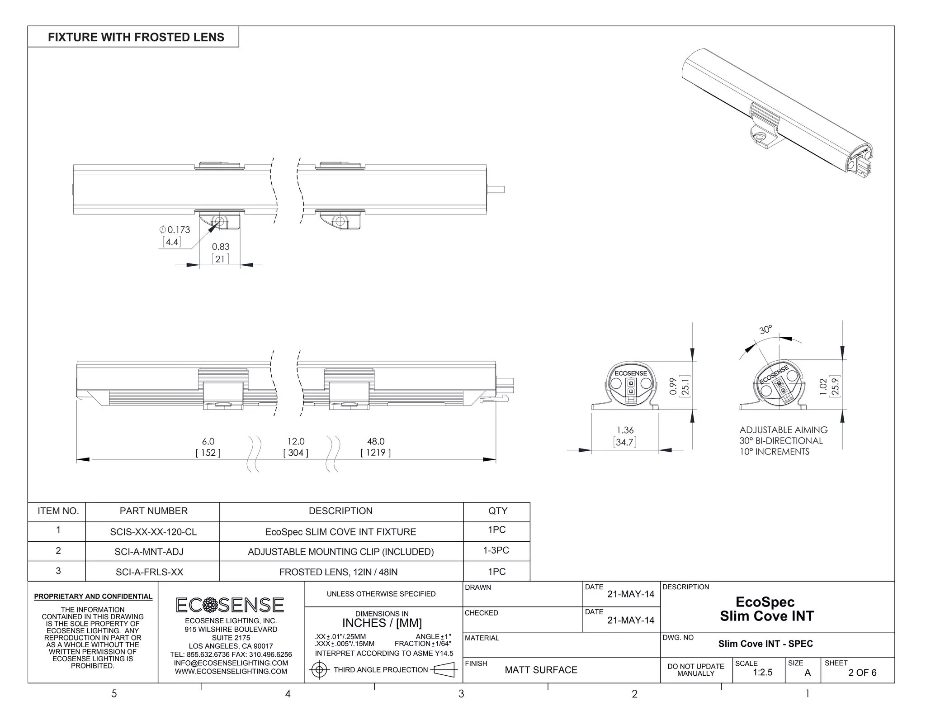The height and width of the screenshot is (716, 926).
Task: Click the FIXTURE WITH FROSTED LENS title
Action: pos(136,37)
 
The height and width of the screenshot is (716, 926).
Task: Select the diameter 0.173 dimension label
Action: pos(175,229)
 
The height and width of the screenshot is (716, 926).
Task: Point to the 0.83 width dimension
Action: pos(221,247)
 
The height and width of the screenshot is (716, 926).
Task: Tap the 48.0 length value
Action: pos(376,441)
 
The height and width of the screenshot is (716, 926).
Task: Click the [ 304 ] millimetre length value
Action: pos(296,453)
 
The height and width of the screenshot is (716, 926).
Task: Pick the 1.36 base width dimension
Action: pos(625,430)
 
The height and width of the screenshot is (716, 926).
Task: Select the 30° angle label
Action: pos(765,330)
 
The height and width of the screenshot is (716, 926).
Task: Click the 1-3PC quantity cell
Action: pos(496,550)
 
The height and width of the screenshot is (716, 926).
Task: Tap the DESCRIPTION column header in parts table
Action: pos(340,511)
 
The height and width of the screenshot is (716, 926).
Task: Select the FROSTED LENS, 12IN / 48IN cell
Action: pos(338,572)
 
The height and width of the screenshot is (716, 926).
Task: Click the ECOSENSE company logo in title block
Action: pos(230,605)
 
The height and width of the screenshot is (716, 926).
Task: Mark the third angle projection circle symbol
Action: pos(319,669)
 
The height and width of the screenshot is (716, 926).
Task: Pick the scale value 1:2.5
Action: pos(762,673)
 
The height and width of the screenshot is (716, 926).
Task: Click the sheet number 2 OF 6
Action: pos(862,673)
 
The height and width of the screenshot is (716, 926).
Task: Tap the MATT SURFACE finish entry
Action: pos(541,670)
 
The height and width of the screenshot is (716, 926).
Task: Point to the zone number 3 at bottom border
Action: pos(461,694)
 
